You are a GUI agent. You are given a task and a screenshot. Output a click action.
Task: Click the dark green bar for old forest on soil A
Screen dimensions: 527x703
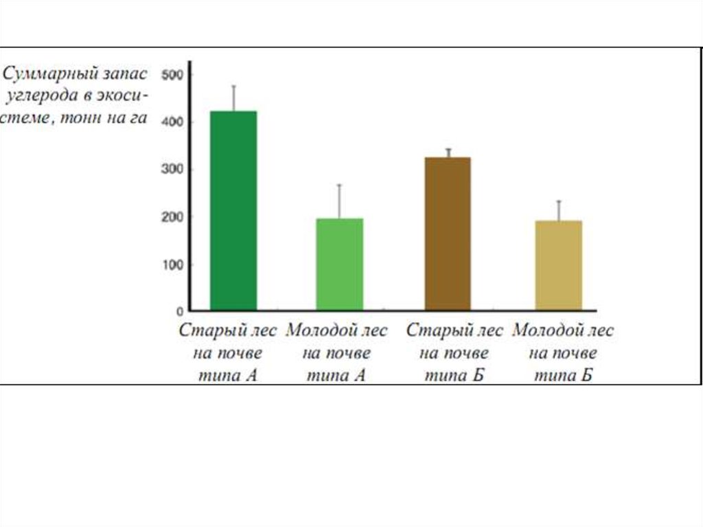coord(233,210)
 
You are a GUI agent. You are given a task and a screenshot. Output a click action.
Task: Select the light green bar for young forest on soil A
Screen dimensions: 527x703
coord(339,264)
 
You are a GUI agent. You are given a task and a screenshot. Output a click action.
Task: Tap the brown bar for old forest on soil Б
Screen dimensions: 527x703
coord(448,233)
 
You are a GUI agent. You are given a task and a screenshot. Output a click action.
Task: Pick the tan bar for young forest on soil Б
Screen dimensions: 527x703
coord(558,265)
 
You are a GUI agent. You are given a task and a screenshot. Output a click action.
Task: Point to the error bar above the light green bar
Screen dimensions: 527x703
coord(339,201)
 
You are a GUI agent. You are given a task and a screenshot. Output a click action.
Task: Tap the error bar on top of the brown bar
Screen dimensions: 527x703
coord(448,153)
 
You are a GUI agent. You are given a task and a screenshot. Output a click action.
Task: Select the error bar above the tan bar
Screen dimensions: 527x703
coord(558,210)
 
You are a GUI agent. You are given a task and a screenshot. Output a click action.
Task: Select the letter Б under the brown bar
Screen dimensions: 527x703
coord(480,376)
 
